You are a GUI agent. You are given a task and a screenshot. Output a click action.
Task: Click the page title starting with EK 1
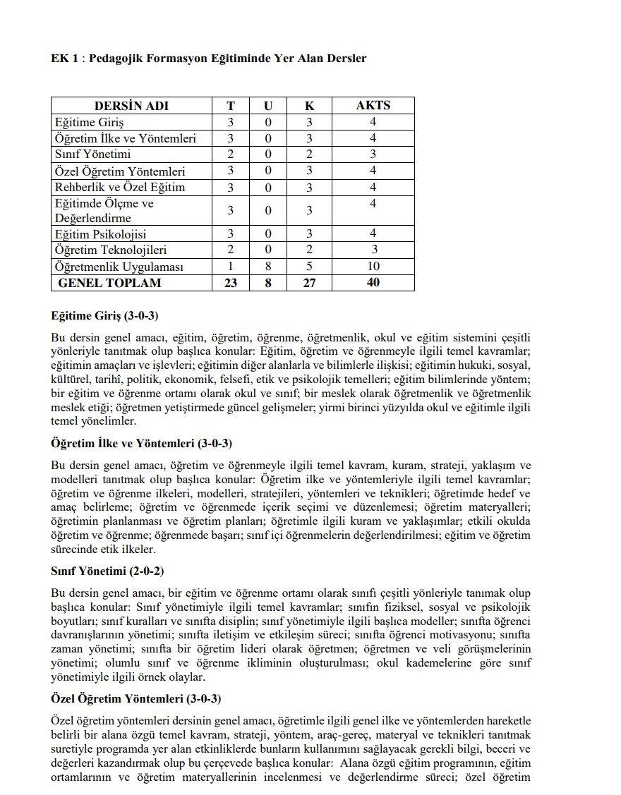209,59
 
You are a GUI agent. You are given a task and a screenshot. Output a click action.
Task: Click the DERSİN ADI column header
132,106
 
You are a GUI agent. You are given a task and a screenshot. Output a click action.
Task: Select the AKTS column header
373,106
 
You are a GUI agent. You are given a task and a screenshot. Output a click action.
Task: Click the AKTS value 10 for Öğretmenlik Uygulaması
373,267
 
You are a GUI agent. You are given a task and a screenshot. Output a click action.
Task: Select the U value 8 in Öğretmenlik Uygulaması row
268,267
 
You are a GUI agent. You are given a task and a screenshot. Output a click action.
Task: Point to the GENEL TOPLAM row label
109,283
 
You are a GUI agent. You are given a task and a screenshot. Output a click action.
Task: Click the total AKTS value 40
373,283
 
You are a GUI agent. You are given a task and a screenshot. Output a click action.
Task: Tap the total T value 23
231,283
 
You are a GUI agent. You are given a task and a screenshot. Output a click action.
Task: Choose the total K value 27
309,283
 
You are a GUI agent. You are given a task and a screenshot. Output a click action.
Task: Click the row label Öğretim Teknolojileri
111,250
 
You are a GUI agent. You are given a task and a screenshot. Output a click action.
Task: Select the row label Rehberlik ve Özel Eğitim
119,187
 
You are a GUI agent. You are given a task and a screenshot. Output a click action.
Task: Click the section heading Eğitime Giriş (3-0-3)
109,315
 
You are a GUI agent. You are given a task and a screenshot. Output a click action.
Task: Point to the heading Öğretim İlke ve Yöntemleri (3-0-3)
142,443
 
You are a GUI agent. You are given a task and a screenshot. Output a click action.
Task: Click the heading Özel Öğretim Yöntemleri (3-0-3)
136,699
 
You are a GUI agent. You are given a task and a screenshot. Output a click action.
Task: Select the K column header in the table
309,106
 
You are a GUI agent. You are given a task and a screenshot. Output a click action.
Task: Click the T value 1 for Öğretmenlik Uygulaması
231,267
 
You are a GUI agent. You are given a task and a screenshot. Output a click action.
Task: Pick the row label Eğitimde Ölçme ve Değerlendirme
104,211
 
